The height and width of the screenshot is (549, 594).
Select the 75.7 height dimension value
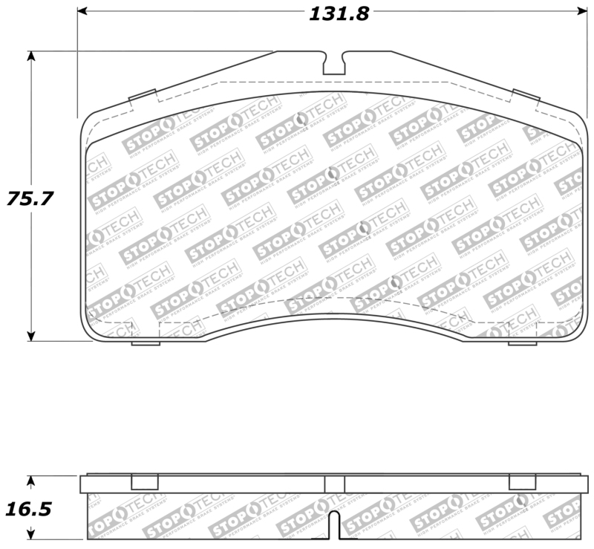click(x=31, y=198)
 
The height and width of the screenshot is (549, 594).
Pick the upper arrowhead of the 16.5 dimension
click(x=30, y=481)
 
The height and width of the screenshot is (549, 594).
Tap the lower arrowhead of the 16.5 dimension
click(x=30, y=535)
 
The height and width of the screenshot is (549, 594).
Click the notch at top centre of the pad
click(x=334, y=62)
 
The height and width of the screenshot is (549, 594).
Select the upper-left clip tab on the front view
click(x=143, y=96)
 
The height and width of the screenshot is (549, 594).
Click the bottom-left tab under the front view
click(x=146, y=342)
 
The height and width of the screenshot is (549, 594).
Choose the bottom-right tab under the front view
click(x=522, y=342)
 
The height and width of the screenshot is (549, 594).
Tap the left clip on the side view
click(x=144, y=482)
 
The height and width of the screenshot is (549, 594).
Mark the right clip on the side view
click(x=522, y=482)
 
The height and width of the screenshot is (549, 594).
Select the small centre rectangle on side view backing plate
click(x=334, y=484)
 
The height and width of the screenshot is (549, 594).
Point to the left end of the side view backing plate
click(x=84, y=484)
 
